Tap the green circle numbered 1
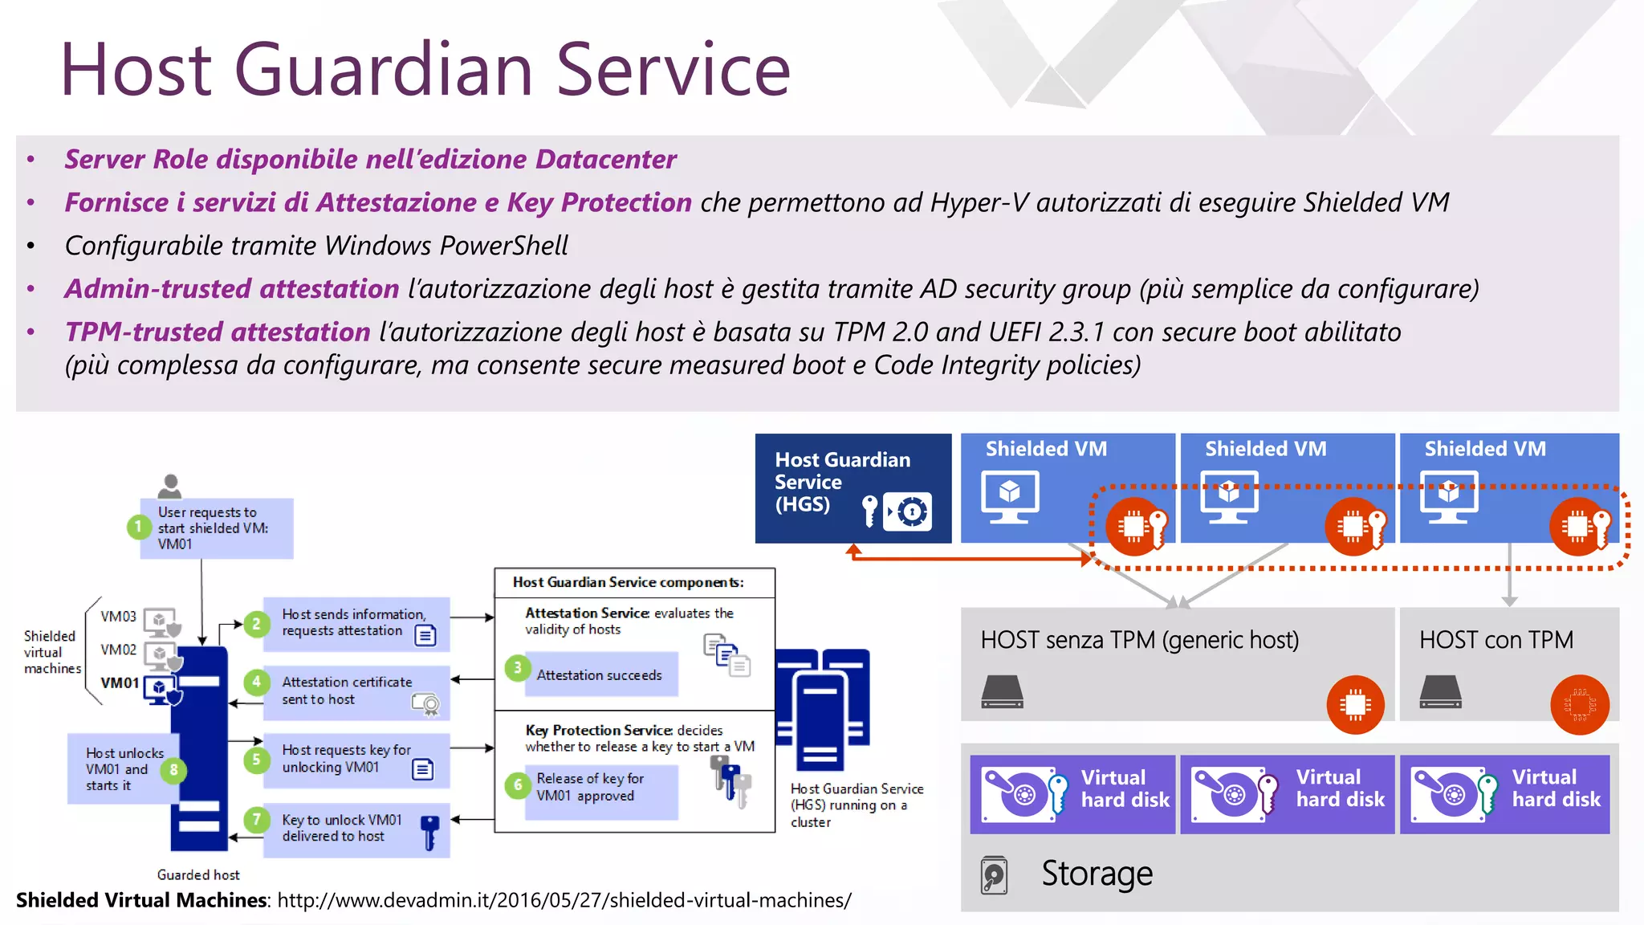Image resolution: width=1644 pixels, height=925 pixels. coord(138,527)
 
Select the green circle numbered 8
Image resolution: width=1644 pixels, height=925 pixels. coord(173,770)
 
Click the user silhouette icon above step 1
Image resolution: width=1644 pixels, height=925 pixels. coord(169,486)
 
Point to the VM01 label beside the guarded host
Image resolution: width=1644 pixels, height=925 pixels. coord(120,683)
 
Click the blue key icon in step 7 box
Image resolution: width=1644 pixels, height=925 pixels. coord(430,833)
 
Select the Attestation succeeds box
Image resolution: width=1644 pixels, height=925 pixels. coord(600,675)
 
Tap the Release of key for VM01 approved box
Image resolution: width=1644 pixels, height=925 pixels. coord(600,788)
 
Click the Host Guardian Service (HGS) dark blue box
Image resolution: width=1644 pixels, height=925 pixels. coord(853,487)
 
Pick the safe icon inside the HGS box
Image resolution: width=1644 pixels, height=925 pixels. coord(908,511)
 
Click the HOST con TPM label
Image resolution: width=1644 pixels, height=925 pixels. coord(1495,640)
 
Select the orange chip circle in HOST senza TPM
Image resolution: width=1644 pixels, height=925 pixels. coord(1355,705)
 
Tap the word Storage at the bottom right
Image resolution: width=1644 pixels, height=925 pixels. coord(1097,874)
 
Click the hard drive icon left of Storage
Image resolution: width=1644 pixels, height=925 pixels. coord(994,875)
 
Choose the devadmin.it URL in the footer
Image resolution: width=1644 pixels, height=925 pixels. coord(564,900)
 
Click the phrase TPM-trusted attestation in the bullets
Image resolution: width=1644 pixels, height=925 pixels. coord(218,332)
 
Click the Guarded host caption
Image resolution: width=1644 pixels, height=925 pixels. coord(198,874)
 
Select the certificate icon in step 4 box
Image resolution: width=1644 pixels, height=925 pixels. coord(425,704)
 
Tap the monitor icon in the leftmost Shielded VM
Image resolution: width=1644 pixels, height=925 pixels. coord(1010,496)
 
